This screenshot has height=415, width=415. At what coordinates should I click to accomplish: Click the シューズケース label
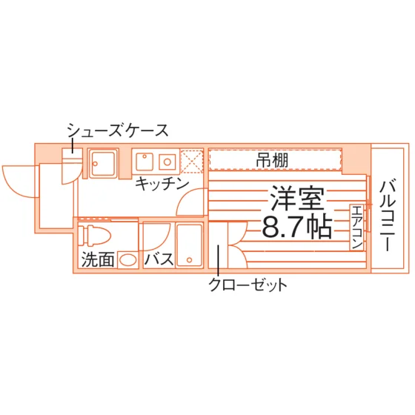coord(118,130)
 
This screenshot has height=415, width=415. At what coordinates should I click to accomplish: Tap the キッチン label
coord(162,184)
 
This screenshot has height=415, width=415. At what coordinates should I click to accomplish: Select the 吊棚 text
coord(272,160)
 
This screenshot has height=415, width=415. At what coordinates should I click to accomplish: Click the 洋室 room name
coord(297,199)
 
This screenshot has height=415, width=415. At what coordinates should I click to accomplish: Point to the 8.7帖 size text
coord(297,227)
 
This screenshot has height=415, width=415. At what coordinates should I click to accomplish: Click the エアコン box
coord(356,227)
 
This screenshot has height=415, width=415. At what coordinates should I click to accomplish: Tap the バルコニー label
coord(388,215)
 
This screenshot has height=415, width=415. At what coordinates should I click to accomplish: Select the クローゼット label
coord(248,285)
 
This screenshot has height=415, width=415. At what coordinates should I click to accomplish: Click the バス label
coord(159,259)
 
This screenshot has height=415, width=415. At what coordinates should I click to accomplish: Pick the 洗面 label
coord(98,259)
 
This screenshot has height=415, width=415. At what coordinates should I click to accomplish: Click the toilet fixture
coord(95,235)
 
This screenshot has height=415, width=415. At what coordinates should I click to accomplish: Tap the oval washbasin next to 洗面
coord(127,259)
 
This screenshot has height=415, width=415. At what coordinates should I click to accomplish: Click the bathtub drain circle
coord(189,260)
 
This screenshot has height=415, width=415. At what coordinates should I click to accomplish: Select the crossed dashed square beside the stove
coord(192,162)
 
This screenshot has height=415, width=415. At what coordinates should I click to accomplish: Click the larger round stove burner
coord(167,162)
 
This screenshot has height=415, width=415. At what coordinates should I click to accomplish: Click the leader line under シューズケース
coord(73,145)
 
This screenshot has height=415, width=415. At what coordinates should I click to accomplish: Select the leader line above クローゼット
coord(219,260)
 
